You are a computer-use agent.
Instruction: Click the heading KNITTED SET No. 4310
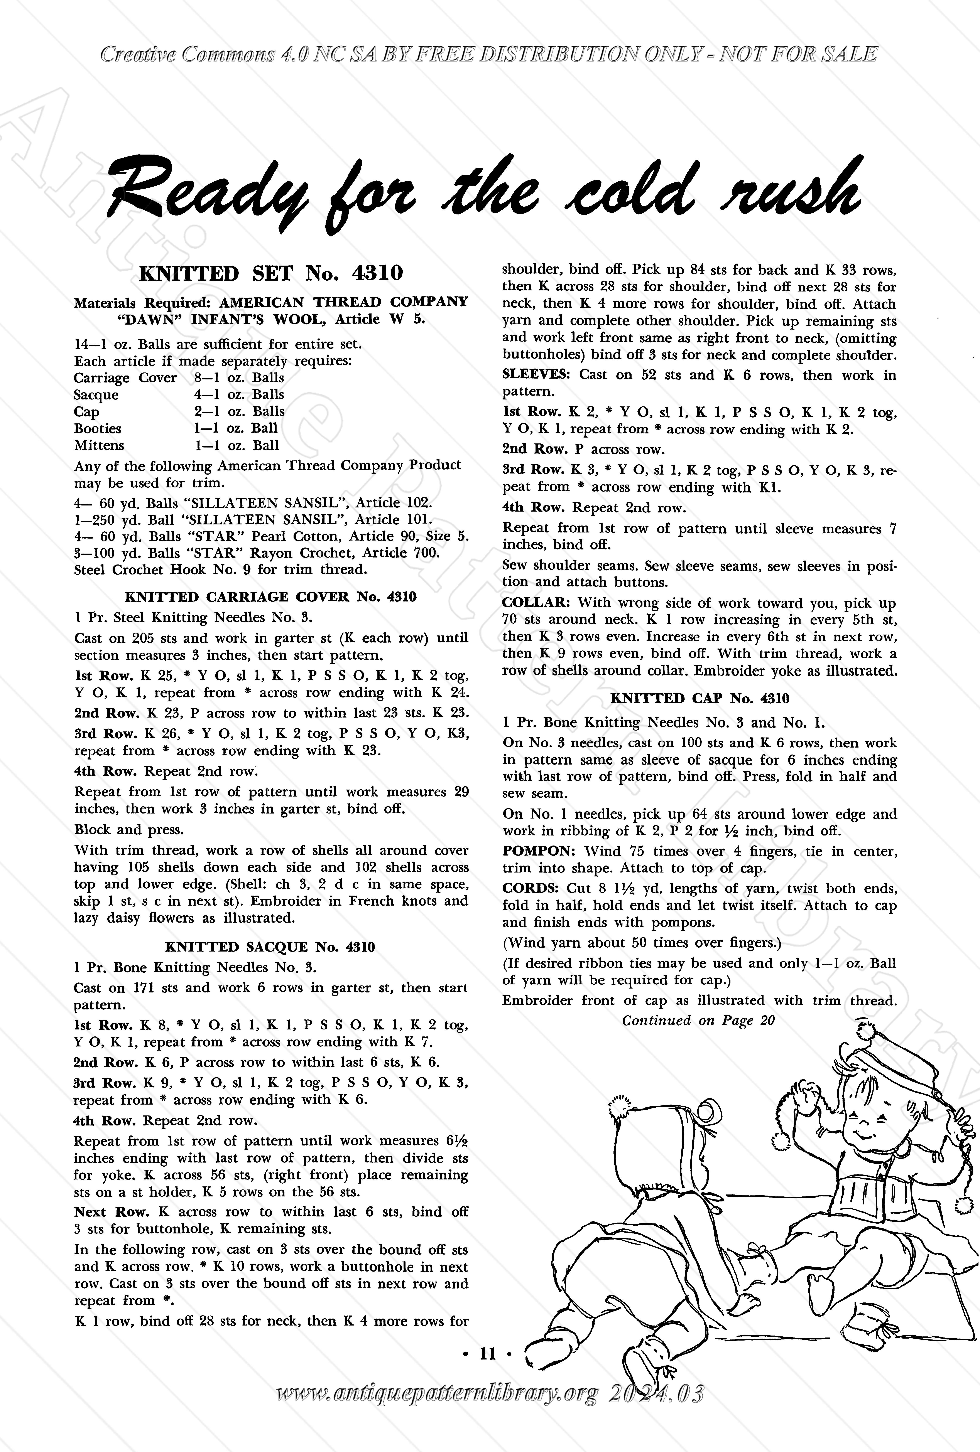click(271, 273)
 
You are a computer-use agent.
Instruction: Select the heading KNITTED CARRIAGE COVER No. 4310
click(271, 597)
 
